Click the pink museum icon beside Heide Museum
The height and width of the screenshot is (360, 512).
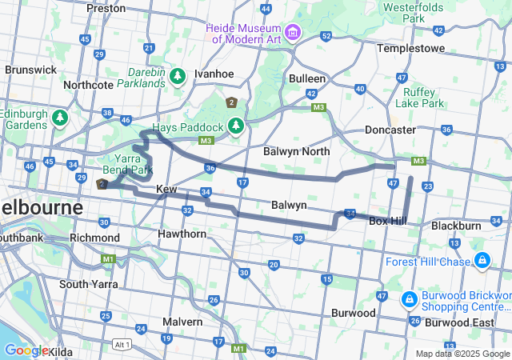(x=292, y=32)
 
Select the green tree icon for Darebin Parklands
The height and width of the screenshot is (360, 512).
(x=177, y=76)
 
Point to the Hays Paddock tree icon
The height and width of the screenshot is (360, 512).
(x=235, y=126)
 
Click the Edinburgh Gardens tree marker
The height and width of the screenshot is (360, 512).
(x=59, y=118)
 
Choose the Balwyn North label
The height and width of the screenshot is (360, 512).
(x=296, y=151)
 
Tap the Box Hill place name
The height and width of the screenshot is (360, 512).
(x=389, y=221)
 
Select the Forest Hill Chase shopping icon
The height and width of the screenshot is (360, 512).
(x=482, y=261)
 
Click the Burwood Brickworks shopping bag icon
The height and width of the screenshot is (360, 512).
(x=409, y=299)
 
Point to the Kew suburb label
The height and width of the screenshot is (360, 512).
(x=166, y=189)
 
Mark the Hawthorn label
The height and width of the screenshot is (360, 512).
(x=182, y=234)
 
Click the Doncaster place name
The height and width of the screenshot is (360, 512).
(x=390, y=130)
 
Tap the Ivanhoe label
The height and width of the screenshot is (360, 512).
(x=214, y=74)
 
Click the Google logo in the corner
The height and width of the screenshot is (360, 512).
(x=26, y=350)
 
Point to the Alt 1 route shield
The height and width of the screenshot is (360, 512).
(x=122, y=344)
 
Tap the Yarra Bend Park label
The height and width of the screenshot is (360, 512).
(x=127, y=164)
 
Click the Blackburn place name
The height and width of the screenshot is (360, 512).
(x=456, y=226)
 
